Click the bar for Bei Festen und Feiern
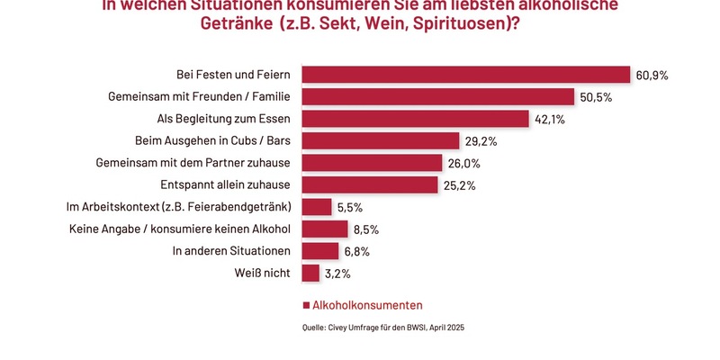click(x=464, y=75)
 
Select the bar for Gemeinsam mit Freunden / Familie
click(x=437, y=96)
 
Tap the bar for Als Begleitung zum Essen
click(x=414, y=119)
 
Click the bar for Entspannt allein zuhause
click(x=369, y=184)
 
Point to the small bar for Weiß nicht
click(x=310, y=273)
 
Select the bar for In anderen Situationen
click(x=319, y=251)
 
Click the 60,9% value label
click(x=652, y=75)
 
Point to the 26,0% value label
click(x=463, y=163)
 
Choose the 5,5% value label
click(x=352, y=207)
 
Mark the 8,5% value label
click(x=368, y=229)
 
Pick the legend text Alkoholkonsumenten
click(x=367, y=305)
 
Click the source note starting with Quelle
click(x=382, y=328)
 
